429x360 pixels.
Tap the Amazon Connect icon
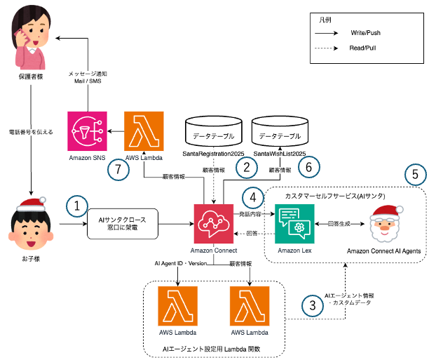click(x=214, y=224)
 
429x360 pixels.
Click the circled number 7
click(x=120, y=170)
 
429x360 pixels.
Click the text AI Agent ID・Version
click(x=182, y=263)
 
